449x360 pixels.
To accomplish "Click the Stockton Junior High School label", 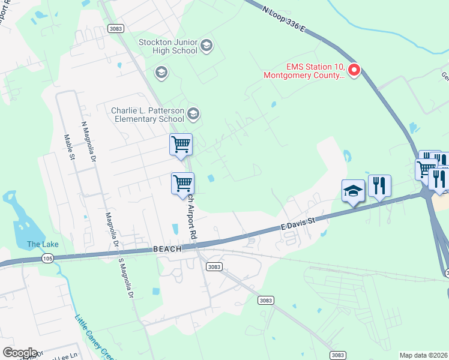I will pyautogui.click(x=168, y=46).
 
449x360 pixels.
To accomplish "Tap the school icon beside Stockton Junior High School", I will pyautogui.click(x=206, y=46).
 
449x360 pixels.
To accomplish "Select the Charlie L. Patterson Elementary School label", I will pyautogui.click(x=147, y=115).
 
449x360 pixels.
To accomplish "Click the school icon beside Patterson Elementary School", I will pyautogui.click(x=193, y=113).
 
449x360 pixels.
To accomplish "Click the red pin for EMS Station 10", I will pyautogui.click(x=354, y=71).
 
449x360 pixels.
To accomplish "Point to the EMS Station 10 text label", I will pyautogui.click(x=304, y=71).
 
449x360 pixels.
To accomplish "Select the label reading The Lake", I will pyautogui.click(x=43, y=244).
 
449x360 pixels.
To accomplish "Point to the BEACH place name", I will pyautogui.click(x=167, y=249).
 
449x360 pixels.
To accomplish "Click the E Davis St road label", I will pyautogui.click(x=297, y=225).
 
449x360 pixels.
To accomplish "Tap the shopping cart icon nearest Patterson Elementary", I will pyautogui.click(x=181, y=145).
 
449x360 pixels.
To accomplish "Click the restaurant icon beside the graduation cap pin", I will pyautogui.click(x=379, y=186).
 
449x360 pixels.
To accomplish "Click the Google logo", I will pyautogui.click(x=19, y=353).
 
